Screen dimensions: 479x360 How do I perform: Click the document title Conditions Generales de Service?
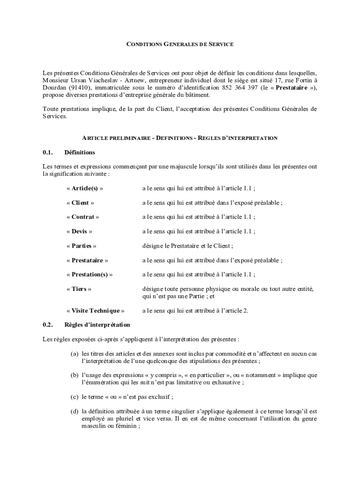(180, 44)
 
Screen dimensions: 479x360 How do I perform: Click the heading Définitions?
(79, 152)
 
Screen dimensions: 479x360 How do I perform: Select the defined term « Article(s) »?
(85, 189)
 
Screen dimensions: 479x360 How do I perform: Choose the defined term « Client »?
(80, 203)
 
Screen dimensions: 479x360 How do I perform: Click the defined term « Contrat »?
(83, 217)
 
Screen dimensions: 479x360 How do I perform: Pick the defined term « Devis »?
(79, 232)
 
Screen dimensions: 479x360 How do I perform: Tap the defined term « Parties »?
(81, 246)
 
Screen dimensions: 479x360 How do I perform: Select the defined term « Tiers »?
(79, 289)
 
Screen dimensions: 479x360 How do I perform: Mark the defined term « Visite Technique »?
(95, 311)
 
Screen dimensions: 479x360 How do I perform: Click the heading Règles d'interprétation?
(97, 325)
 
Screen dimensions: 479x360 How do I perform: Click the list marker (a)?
(74, 354)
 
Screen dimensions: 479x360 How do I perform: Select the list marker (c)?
(74, 397)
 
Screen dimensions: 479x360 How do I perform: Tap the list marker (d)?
(74, 412)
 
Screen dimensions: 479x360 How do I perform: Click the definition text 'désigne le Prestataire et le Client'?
(187, 246)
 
